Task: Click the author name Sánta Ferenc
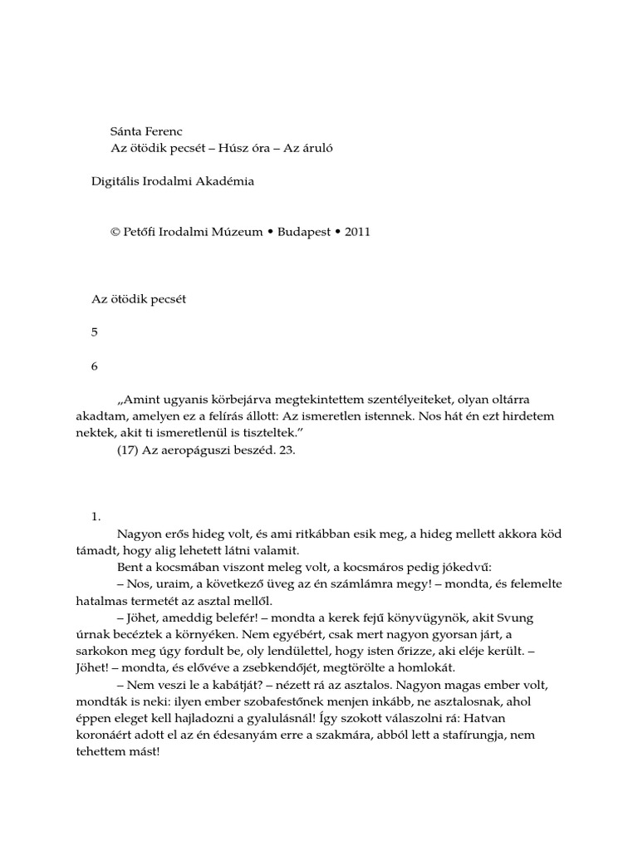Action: pos(145,131)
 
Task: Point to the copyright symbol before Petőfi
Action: pos(115,232)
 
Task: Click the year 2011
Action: pos(356,232)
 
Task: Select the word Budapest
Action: pos(297,232)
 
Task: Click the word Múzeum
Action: pos(237,232)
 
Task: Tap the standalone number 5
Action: pos(95,332)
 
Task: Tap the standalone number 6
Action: pos(95,366)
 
